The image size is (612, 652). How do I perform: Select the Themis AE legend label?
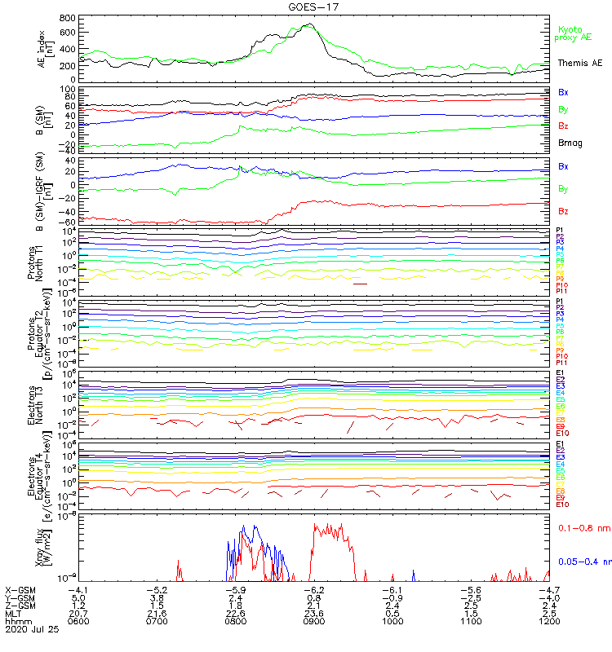click(x=579, y=63)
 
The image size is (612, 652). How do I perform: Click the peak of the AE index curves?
click(x=307, y=24)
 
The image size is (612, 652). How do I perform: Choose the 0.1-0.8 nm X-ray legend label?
click(x=579, y=528)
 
